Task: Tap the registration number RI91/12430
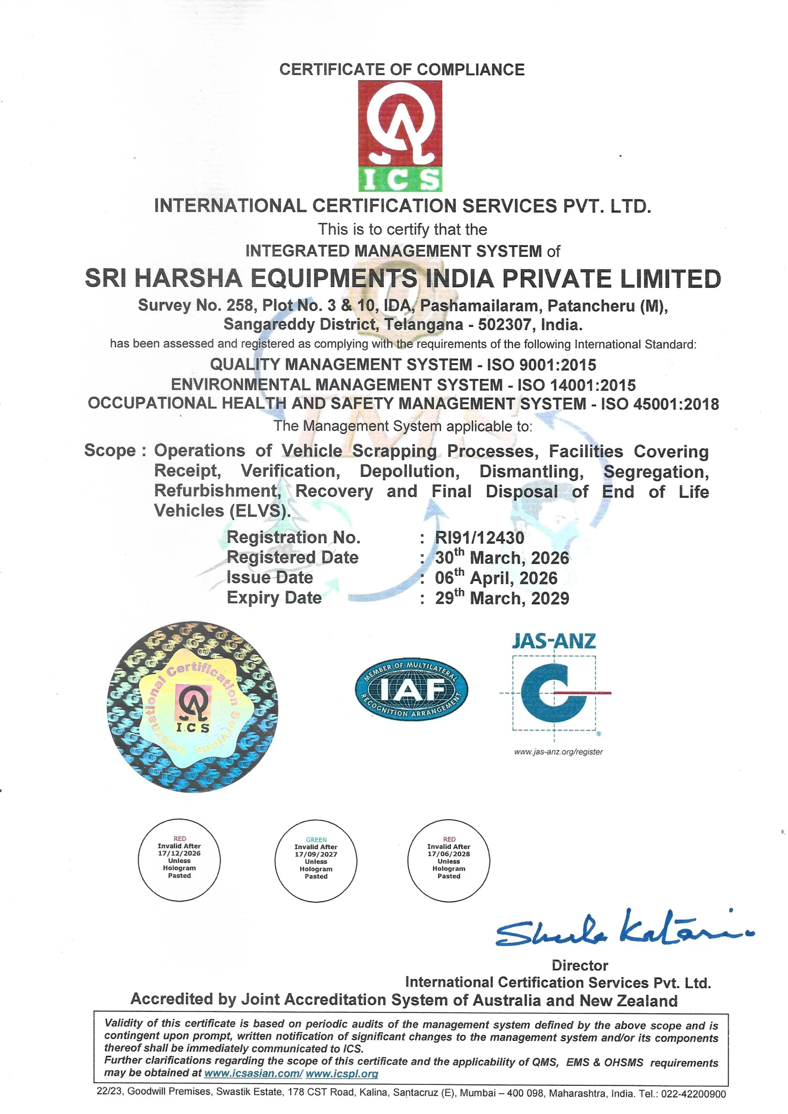pyautogui.click(x=480, y=537)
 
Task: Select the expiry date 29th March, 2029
pyautogui.click(x=502, y=598)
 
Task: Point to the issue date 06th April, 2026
pyautogui.click(x=496, y=578)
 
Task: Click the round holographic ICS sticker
pyautogui.click(x=193, y=706)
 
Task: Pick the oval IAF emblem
pyautogui.click(x=412, y=689)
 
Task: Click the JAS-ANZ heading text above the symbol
pyautogui.click(x=553, y=641)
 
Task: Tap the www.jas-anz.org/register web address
pyautogui.click(x=558, y=752)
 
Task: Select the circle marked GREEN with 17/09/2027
pyautogui.click(x=316, y=861)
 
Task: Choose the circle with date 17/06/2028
pyautogui.click(x=449, y=861)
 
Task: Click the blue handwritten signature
pyautogui.click(x=624, y=929)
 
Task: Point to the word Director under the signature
pyautogui.click(x=580, y=966)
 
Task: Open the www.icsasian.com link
pyautogui.click(x=253, y=1073)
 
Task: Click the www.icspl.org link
pyautogui.click(x=342, y=1073)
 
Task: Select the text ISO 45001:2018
pyautogui.click(x=660, y=404)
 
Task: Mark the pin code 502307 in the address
pyautogui.click(x=505, y=325)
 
